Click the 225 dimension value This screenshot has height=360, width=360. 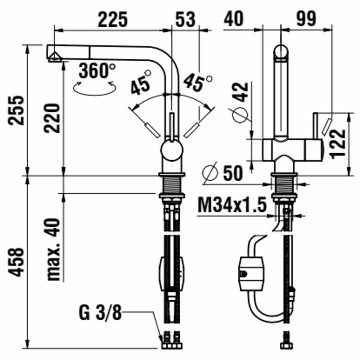click(x=112, y=19)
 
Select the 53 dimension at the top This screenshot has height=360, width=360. click(x=185, y=19)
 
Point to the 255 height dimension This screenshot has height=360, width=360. click(x=16, y=111)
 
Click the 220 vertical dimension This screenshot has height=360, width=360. click(x=52, y=118)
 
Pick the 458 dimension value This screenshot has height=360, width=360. click(x=16, y=262)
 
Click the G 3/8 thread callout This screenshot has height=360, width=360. click(x=100, y=312)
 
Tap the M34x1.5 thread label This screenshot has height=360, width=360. click(x=232, y=205)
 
